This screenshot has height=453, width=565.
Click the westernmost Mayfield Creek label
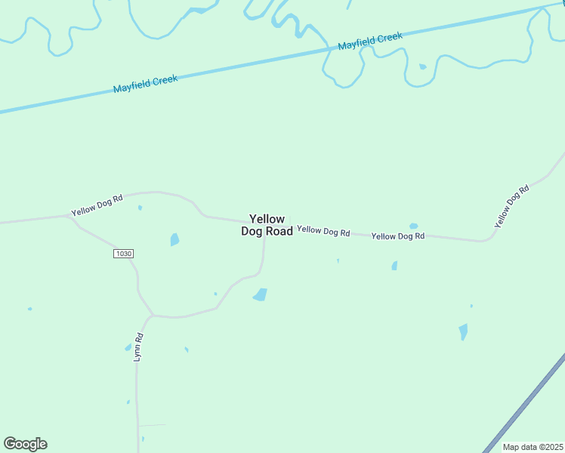coord(145,84)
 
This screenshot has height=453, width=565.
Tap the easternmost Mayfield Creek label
coord(370,41)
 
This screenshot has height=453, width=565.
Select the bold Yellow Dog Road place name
coord(267,225)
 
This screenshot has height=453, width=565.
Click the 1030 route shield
coord(124,254)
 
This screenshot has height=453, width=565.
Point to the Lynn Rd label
coord(138,347)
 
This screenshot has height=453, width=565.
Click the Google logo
coord(25,444)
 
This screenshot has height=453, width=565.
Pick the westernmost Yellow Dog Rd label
coord(97,206)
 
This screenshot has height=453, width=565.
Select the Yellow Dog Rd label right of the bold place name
coord(323,231)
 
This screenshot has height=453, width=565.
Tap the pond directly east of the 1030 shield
coord(174,239)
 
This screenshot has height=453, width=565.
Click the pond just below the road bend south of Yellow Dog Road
coord(260,294)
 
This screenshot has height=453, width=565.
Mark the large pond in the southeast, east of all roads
coord(463,331)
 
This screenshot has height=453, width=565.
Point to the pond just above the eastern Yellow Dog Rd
coord(413,226)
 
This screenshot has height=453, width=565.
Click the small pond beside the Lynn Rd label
coord(128,347)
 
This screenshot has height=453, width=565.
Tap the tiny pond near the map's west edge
coord(29,309)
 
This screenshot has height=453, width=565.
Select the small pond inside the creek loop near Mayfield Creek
coord(422,66)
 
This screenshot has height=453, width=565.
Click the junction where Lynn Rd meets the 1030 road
coord(153,315)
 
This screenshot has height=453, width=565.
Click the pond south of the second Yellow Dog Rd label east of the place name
coord(394,266)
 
